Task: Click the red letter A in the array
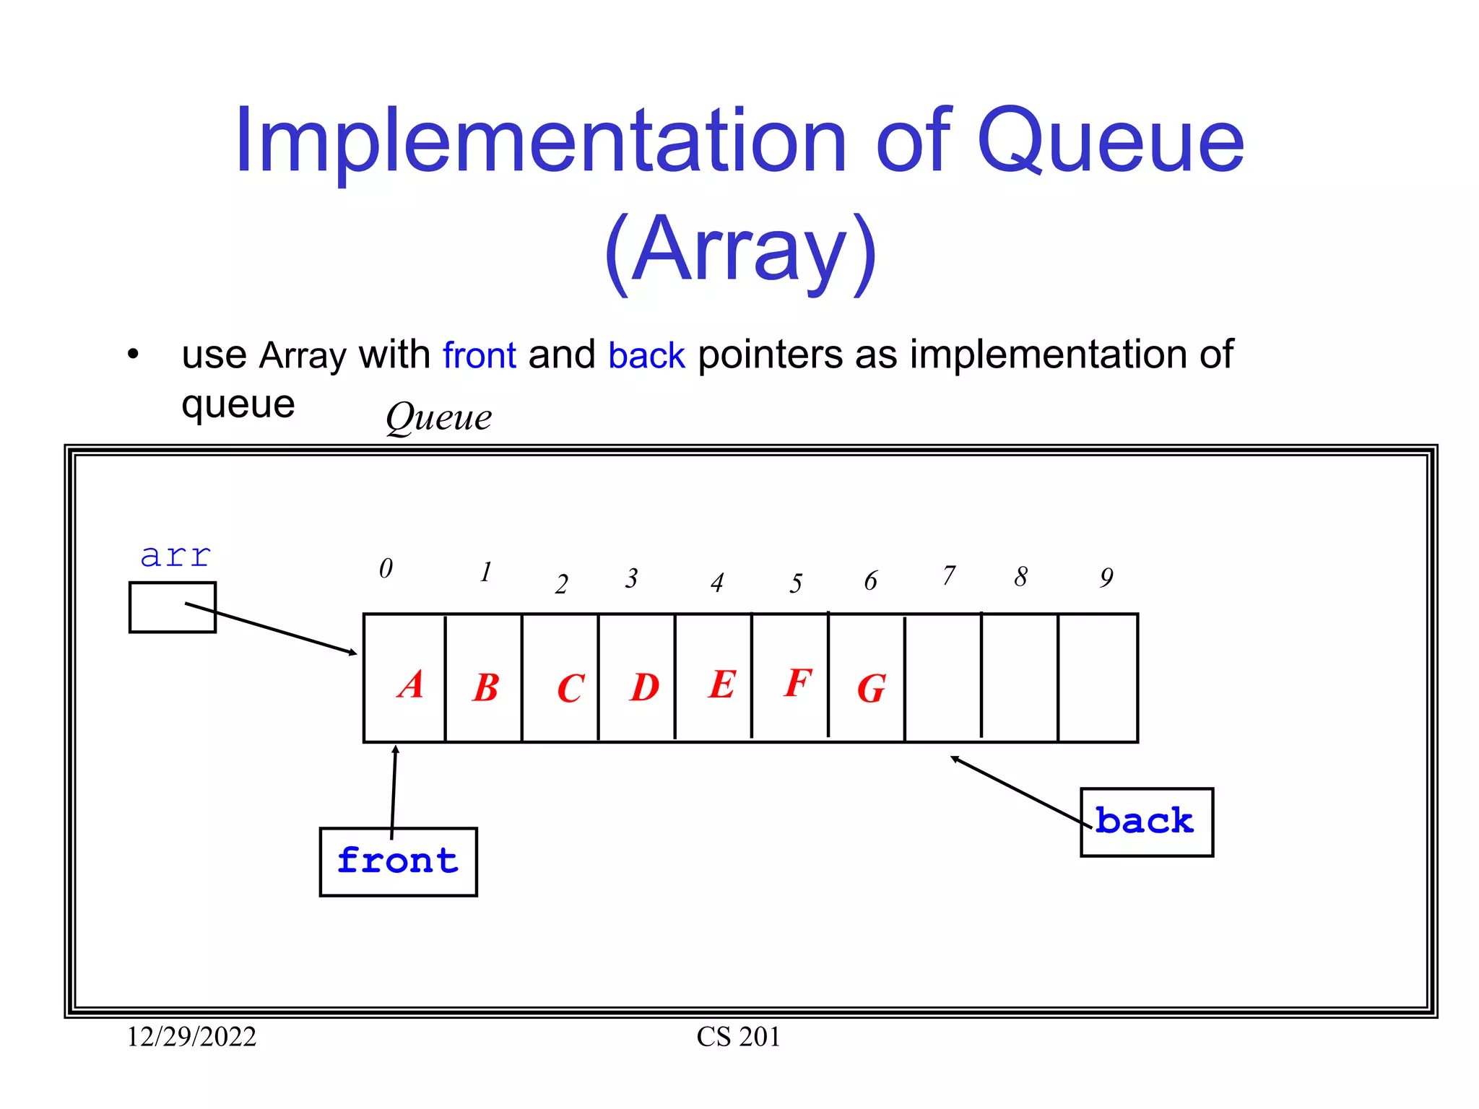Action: click(411, 684)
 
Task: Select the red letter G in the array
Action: click(872, 689)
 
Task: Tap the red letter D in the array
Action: click(644, 687)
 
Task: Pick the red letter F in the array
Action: click(798, 682)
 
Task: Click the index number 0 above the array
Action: click(386, 569)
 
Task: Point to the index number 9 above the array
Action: click(1106, 578)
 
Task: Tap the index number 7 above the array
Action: click(949, 576)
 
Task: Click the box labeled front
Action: click(398, 862)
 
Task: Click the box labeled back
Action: click(1146, 822)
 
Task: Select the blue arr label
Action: click(175, 556)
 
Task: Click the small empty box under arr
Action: click(172, 608)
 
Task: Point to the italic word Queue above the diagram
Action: click(438, 418)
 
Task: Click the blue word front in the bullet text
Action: click(480, 355)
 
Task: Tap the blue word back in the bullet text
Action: click(646, 355)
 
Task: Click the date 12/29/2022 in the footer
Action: click(191, 1037)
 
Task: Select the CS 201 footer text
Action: click(738, 1037)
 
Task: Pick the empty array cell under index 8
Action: click(1020, 678)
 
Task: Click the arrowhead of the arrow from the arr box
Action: click(353, 653)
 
